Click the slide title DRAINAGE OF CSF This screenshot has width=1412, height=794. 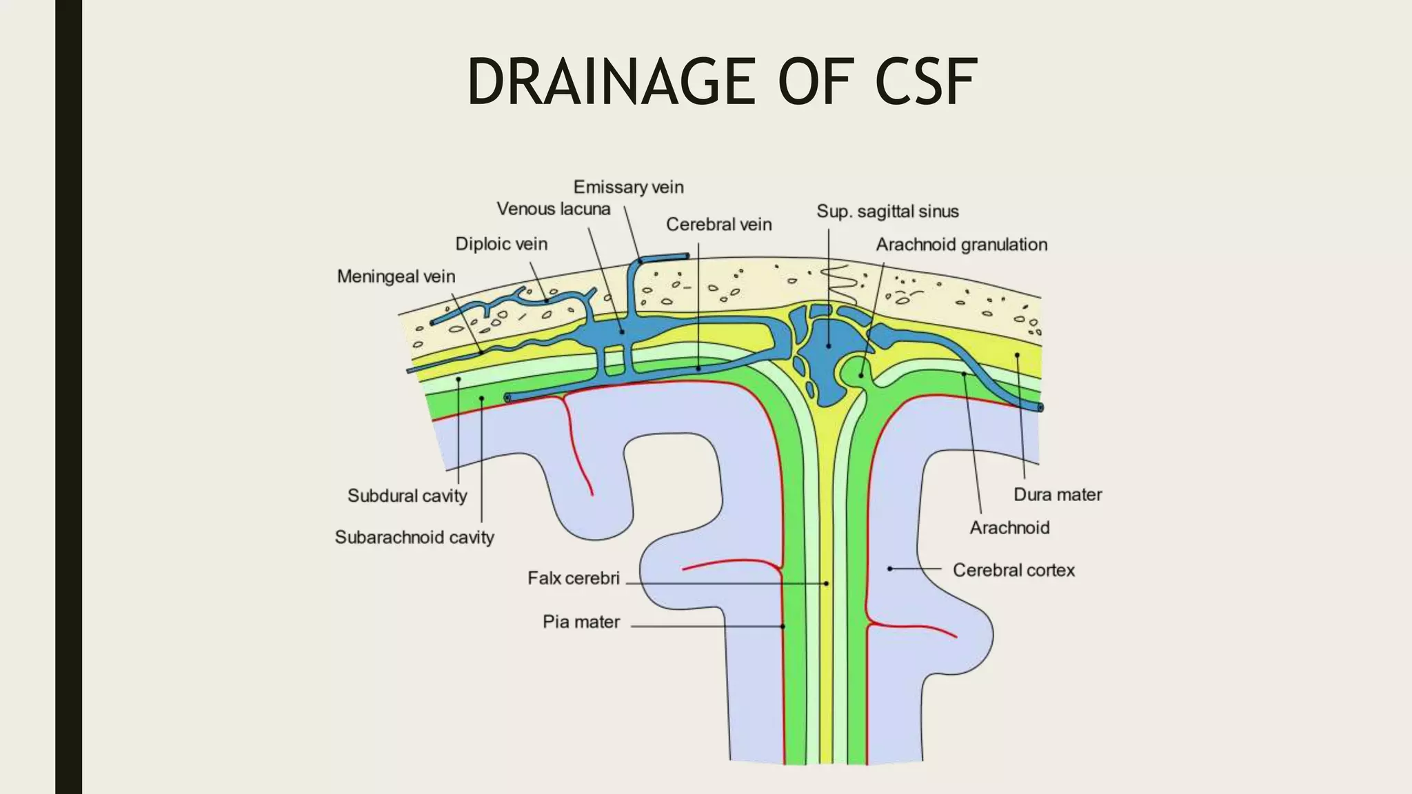(721, 82)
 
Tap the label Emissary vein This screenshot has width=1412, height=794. (628, 187)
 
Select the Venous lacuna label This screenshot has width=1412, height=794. (553, 209)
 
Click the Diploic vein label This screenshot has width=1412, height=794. (501, 244)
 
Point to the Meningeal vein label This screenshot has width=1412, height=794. (396, 276)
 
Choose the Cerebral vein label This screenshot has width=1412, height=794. (718, 225)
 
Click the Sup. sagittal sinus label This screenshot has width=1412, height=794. (887, 212)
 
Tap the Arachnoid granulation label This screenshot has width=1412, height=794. (961, 245)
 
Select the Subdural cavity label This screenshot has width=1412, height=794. (407, 496)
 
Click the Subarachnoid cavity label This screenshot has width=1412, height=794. (414, 537)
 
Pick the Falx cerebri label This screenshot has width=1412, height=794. (574, 578)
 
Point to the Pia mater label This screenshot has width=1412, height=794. (581, 622)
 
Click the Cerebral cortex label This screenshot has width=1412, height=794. (1013, 570)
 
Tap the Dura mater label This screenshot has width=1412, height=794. (1057, 494)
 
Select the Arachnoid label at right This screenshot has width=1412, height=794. (1009, 528)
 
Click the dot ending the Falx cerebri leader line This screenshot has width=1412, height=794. (826, 584)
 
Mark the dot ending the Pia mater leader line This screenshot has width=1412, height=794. (783, 627)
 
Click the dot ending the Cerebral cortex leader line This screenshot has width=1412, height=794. (890, 569)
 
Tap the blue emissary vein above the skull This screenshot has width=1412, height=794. (662, 258)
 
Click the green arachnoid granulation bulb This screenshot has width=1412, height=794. (855, 371)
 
